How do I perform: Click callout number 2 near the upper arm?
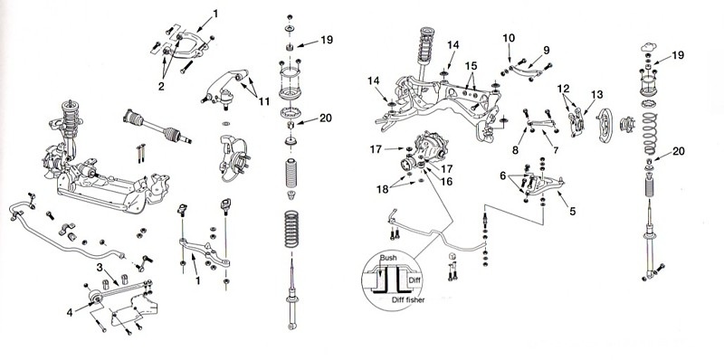161,86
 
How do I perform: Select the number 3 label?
100,267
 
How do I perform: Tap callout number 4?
70,312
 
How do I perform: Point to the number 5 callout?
573,212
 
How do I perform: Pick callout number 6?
502,175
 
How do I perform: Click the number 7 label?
556,150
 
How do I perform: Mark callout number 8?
515,150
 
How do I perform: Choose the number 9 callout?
547,50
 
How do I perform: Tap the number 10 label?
509,38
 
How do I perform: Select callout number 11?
263,101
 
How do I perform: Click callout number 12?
563,88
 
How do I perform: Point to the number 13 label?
596,95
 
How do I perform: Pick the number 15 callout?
471,66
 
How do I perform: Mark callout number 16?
446,182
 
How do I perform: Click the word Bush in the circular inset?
388,257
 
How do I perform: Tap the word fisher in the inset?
415,300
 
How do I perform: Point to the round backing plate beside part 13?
604,126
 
